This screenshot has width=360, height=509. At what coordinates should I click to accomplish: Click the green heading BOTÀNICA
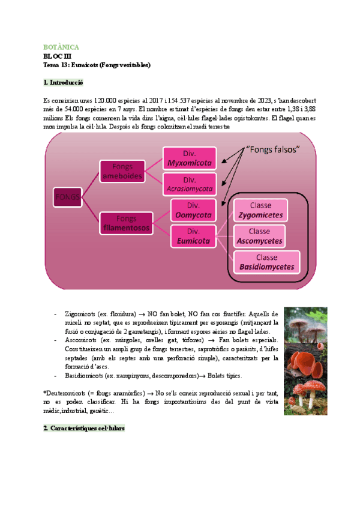point(61,47)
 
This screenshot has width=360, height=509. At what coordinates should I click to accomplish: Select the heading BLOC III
point(58,56)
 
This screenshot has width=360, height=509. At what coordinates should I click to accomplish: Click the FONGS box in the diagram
point(68,196)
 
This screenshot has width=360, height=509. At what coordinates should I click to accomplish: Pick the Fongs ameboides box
point(122,170)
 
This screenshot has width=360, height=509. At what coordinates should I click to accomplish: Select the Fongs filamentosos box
point(126,223)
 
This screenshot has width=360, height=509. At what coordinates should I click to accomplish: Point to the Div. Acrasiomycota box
point(190,184)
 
